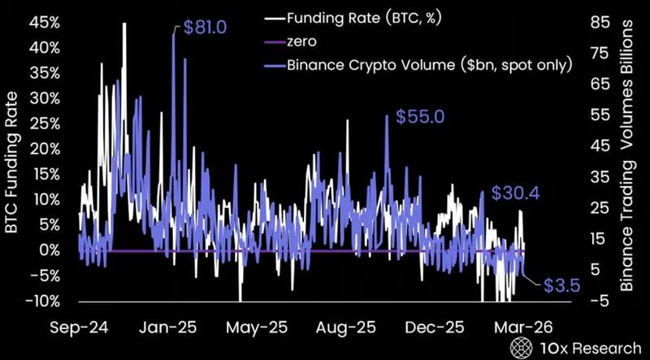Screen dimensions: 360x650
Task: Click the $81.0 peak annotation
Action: (x=203, y=28)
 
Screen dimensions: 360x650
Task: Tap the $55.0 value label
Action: (x=419, y=117)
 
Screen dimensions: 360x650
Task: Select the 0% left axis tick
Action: (x=48, y=250)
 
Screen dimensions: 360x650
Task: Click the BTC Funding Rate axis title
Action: (x=11, y=163)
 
